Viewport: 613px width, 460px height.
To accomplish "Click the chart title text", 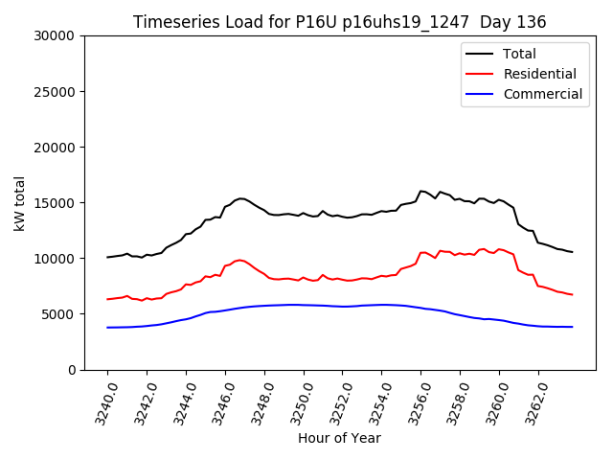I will tap(340, 22).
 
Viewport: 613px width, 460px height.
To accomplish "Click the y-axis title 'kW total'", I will tap(20, 203).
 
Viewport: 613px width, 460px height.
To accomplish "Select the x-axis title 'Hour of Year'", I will tap(339, 438).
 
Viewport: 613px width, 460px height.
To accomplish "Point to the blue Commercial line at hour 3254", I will tap(382, 305).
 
